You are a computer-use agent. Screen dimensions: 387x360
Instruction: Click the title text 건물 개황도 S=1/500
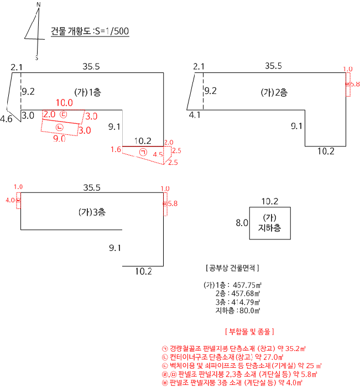pyautogui.click(x=90, y=31)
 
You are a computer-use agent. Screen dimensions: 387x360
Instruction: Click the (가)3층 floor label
pyautogui.click(x=92, y=212)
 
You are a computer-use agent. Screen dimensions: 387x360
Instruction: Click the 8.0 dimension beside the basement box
pyautogui.click(x=242, y=223)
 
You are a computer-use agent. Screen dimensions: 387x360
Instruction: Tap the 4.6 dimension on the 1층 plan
pyautogui.click(x=7, y=119)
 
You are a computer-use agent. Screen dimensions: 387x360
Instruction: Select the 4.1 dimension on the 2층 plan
pyautogui.click(x=195, y=116)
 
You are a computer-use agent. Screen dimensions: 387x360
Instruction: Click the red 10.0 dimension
pyautogui.click(x=64, y=103)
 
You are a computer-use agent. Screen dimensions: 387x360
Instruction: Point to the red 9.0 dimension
pyautogui.click(x=59, y=139)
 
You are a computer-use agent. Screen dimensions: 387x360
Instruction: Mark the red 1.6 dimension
pyautogui.click(x=116, y=149)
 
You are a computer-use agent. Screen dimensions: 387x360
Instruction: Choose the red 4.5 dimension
pyautogui.click(x=158, y=155)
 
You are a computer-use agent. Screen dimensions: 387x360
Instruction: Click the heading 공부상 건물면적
pyautogui.click(x=232, y=268)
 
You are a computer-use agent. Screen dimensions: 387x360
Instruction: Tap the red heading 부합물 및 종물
pyautogui.click(x=251, y=332)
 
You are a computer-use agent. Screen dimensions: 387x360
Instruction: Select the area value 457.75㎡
pyautogui.click(x=247, y=285)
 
